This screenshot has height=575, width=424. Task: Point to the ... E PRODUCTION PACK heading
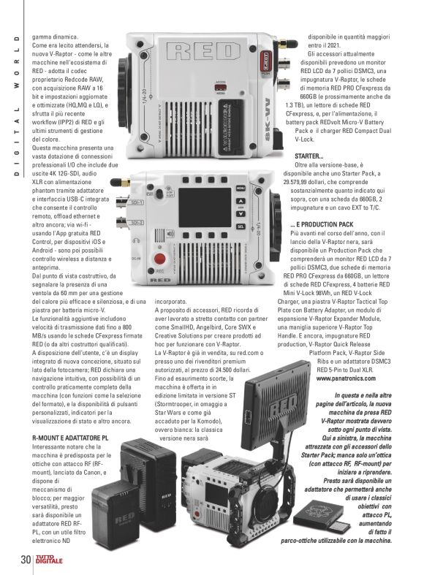(325, 224)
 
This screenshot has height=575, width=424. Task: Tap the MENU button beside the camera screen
(241, 189)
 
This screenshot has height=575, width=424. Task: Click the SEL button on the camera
(241, 226)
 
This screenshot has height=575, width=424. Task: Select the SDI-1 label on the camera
(137, 197)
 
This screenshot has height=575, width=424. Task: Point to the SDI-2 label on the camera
(137, 221)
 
